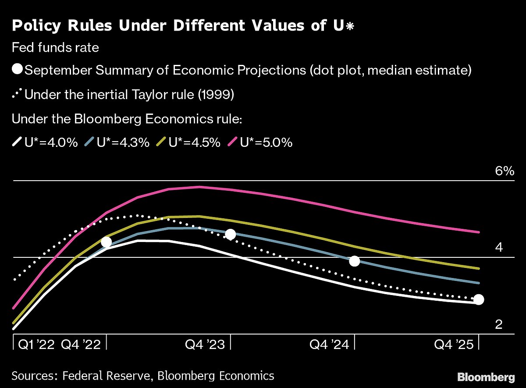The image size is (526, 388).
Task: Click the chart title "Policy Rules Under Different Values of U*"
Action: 183,25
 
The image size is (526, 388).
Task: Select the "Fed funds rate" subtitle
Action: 56,47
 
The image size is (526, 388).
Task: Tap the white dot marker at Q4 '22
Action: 107,242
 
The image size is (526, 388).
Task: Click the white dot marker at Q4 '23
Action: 230,235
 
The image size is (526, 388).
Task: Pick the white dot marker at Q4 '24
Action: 354,261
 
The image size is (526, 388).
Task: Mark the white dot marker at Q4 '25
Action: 479,300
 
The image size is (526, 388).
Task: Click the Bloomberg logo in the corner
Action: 486,377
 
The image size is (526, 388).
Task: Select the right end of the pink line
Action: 479,232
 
